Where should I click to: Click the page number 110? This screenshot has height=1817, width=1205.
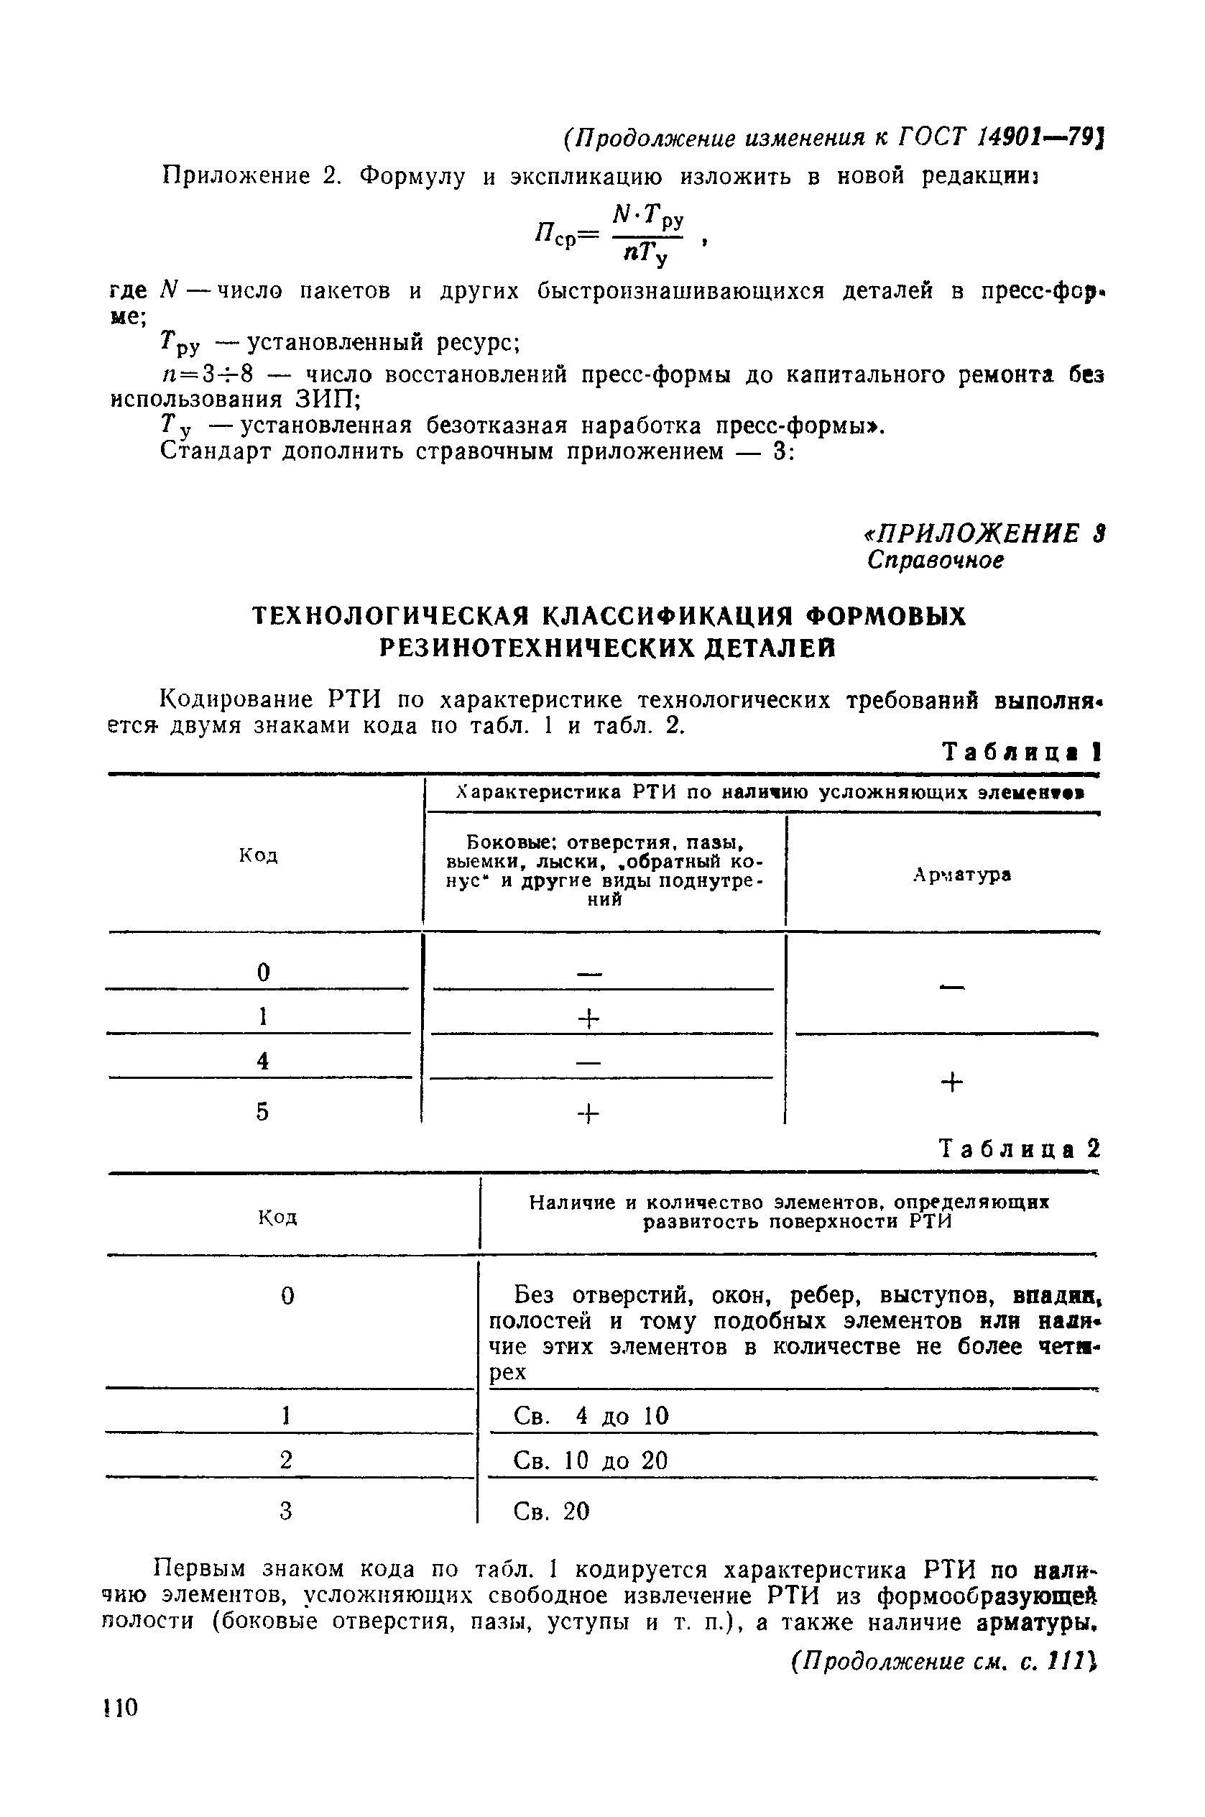coord(120,1708)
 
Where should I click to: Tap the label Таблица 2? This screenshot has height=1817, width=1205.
coord(1020,1149)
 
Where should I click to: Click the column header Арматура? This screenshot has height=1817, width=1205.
coord(961,875)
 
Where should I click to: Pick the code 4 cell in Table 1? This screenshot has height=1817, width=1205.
coord(263,1062)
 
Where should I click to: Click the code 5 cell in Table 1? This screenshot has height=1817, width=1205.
coord(263,1111)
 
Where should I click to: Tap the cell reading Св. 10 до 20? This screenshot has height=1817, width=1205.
coord(590,1460)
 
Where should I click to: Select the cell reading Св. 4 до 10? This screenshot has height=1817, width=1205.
coord(591,1416)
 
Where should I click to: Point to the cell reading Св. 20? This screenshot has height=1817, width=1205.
coord(551,1512)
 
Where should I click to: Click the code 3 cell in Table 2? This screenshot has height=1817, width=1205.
coord(287,1512)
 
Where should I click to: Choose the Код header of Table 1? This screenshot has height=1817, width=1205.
coord(258,855)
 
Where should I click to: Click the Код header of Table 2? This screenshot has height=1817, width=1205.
coord(277,1218)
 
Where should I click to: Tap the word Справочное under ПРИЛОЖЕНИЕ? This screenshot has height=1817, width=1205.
coord(936,561)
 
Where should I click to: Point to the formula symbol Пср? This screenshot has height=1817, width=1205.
coord(555,235)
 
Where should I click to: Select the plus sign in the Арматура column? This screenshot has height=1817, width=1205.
coord(951,1083)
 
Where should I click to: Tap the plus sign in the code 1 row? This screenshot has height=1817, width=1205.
coord(588,1019)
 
